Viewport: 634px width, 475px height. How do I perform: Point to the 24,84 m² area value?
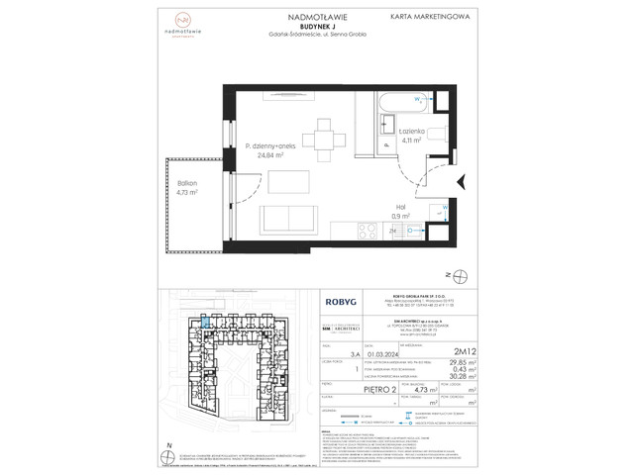[x=265, y=156]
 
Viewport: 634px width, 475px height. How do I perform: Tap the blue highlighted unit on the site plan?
[x=203, y=320]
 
